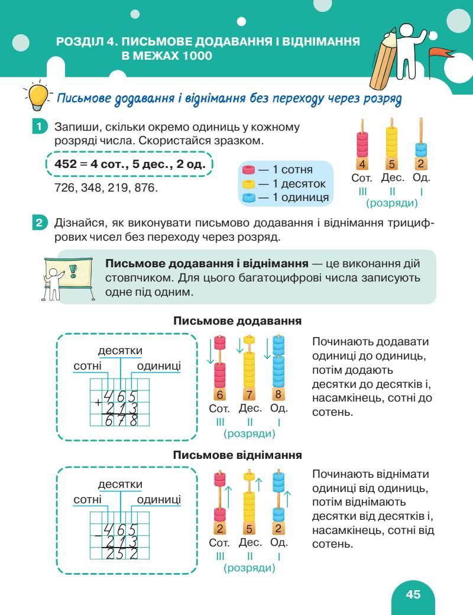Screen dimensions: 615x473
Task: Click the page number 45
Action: tap(413, 594)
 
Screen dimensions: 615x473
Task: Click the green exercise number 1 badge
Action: tap(38, 127)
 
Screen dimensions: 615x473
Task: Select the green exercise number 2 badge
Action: tap(38, 224)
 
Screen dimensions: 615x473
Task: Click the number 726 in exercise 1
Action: tap(63, 187)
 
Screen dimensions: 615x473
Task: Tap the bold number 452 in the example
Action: tap(66, 164)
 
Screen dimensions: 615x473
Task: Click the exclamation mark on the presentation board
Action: tap(73, 271)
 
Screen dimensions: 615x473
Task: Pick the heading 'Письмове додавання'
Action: tap(238, 321)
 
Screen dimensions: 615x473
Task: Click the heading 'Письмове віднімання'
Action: tap(238, 455)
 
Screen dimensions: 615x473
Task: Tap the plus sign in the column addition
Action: tap(97, 404)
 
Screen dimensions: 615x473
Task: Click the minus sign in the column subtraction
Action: tap(97, 538)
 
